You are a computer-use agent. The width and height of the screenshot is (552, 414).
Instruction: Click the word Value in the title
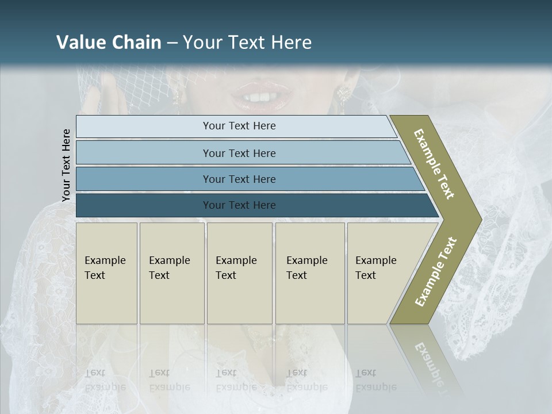pos(81,43)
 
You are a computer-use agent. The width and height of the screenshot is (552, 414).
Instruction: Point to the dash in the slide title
pos(172,43)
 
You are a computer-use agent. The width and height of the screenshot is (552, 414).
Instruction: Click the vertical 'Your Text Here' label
pos(66,165)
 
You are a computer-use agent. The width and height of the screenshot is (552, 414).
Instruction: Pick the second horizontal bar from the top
pos(239,153)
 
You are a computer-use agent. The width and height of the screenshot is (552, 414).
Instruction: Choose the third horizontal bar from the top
pos(239,179)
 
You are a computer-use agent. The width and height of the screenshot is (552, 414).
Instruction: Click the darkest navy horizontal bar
pos(239,205)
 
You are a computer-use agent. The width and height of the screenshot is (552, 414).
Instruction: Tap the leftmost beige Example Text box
pos(106,273)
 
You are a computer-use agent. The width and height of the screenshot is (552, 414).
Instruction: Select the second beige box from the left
pos(172,273)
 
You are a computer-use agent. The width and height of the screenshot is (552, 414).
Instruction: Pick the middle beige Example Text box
pos(239,273)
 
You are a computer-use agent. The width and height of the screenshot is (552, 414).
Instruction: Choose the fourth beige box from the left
pos(310,273)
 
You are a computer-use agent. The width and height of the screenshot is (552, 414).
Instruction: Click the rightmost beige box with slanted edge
pos(379,273)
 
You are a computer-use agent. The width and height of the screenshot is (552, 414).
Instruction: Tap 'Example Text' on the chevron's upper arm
pos(434,164)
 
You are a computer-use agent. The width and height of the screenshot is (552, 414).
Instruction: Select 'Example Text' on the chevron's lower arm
pos(435,272)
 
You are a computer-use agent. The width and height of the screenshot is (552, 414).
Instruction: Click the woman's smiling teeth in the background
pos(262,95)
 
